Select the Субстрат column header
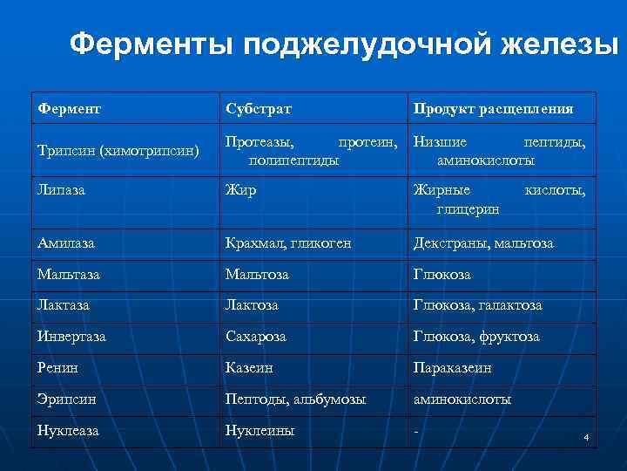[x=258, y=109]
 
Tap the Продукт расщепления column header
[x=493, y=109]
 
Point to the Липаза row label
[x=60, y=189]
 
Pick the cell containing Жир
[x=240, y=189]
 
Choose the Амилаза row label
[x=66, y=243]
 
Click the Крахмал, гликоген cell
[x=288, y=243]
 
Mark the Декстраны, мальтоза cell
[x=483, y=243]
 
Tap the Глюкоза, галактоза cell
[x=477, y=304]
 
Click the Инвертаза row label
[x=71, y=336]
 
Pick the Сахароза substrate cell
[x=255, y=336]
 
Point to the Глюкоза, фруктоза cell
[x=476, y=336]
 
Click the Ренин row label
[x=57, y=368]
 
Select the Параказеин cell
[x=452, y=368]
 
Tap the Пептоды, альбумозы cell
[x=295, y=399]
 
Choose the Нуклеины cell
[x=260, y=430]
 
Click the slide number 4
[x=587, y=436]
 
